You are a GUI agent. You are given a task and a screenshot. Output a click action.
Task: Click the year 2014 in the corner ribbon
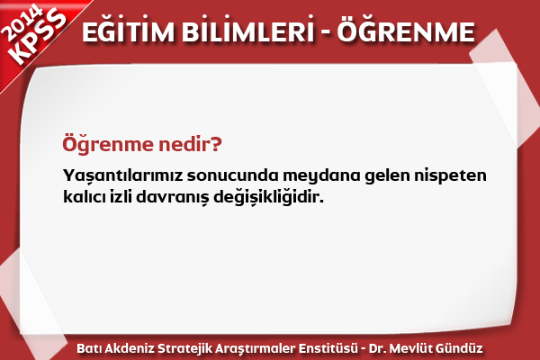[22, 22]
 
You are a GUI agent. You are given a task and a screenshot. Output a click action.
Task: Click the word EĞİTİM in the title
[129, 31]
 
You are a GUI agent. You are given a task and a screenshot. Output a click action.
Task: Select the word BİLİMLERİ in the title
[248, 31]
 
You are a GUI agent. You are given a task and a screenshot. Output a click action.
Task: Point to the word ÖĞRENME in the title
[406, 31]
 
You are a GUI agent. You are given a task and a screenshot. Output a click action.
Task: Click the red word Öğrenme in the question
[107, 144]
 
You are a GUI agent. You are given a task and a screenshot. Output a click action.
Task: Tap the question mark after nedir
[215, 143]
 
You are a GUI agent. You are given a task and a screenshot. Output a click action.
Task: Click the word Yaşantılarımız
[122, 175]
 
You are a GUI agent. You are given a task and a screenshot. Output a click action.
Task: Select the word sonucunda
[233, 175]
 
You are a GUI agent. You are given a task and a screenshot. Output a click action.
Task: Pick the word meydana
[321, 175]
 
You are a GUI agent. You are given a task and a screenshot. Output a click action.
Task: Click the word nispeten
[450, 175]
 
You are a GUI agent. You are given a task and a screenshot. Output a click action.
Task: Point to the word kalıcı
[84, 197]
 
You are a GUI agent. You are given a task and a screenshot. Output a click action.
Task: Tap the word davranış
[173, 198]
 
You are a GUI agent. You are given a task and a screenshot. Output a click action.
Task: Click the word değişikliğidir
[268, 198]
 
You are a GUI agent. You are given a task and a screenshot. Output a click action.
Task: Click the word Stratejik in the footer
[184, 348]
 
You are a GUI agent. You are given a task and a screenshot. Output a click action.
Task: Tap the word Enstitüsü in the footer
[328, 348]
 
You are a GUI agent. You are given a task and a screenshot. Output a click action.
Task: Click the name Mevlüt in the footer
[411, 348]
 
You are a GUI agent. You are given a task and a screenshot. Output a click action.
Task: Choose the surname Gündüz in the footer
[459, 348]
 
